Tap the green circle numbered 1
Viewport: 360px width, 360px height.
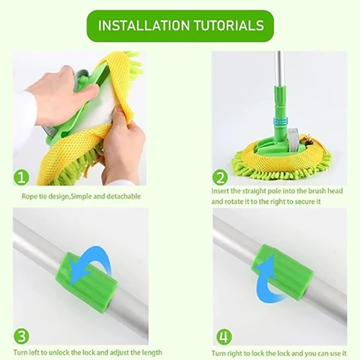coord(21,177)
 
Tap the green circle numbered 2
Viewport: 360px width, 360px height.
coord(220,177)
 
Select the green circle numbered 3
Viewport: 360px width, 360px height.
coord(21,337)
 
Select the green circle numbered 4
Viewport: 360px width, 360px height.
coord(224,337)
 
